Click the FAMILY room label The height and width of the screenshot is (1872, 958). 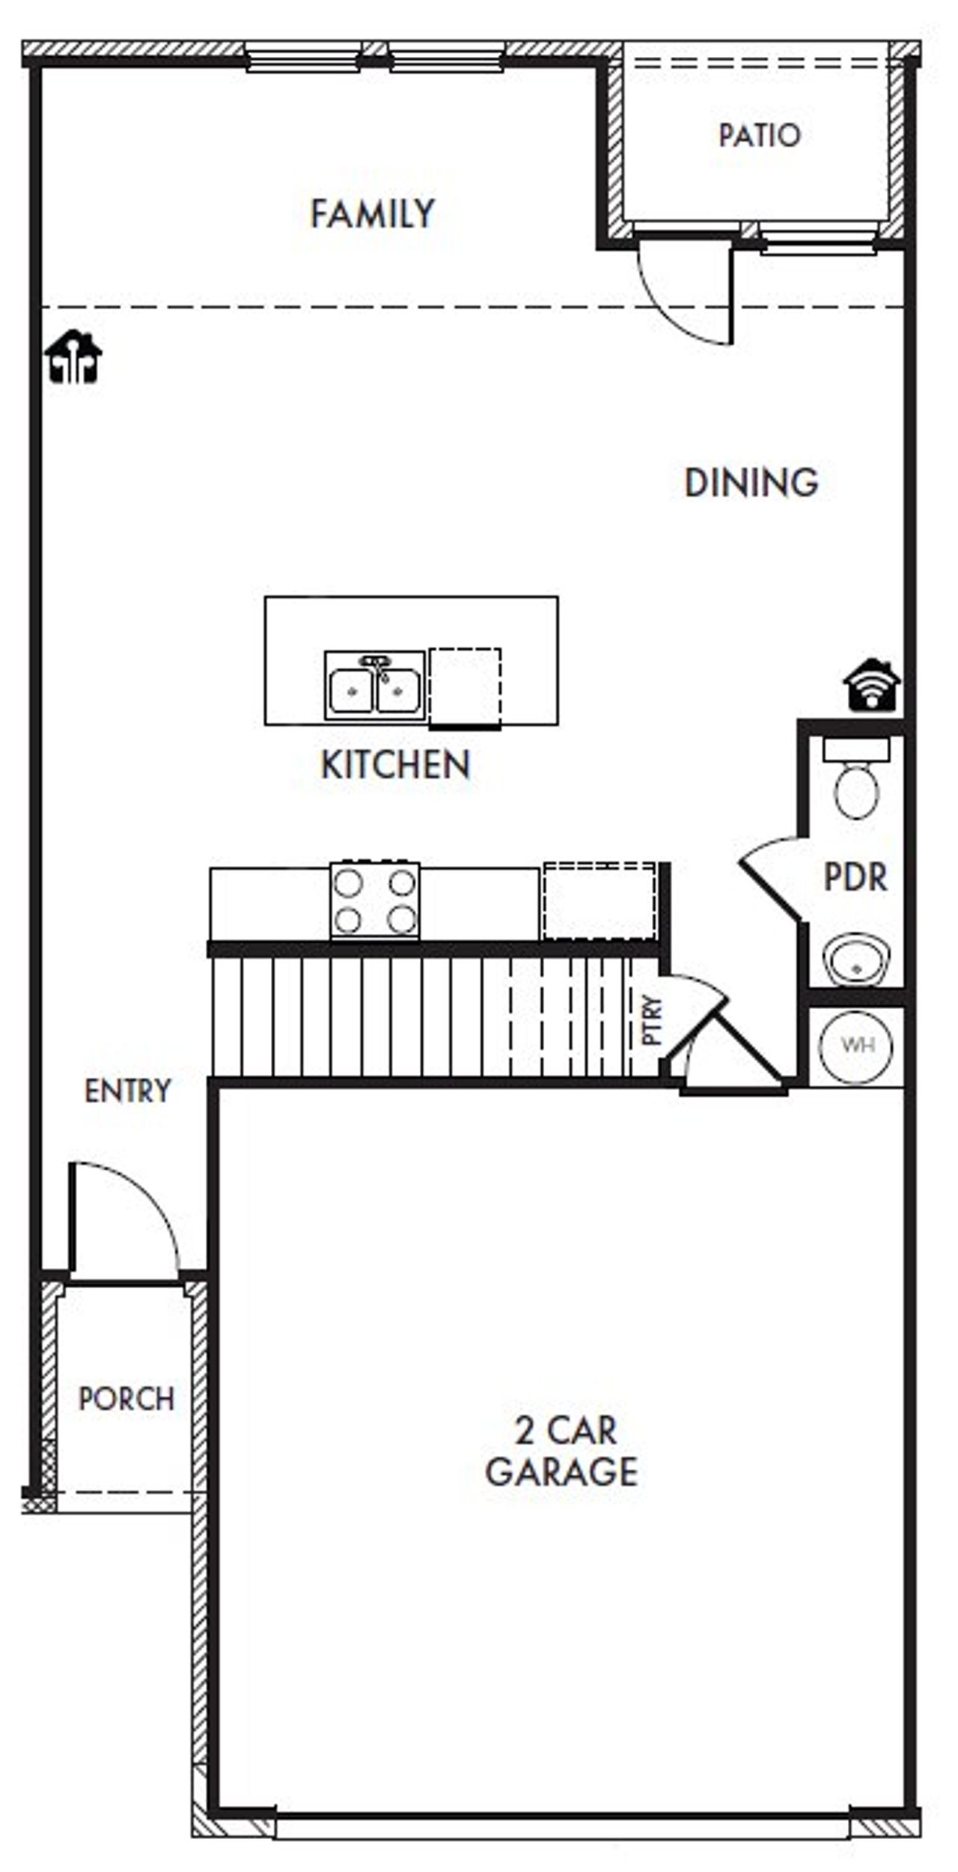[372, 214]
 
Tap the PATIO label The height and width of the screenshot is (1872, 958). [759, 135]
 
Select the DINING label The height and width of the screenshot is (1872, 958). [751, 483]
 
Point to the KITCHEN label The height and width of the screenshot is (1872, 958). [395, 764]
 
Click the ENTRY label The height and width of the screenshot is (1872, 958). [128, 1091]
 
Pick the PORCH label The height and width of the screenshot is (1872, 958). [126, 1399]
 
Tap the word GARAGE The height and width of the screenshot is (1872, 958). [561, 1472]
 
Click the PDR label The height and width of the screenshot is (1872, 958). [855, 877]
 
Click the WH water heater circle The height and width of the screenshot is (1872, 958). [856, 1045]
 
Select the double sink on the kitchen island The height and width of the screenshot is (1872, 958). [375, 686]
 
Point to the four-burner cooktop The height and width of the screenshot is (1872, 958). [375, 901]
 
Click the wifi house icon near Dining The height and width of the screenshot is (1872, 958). [871, 684]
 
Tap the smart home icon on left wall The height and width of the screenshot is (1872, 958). [73, 357]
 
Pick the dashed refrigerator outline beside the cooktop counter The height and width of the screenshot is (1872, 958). [599, 901]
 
